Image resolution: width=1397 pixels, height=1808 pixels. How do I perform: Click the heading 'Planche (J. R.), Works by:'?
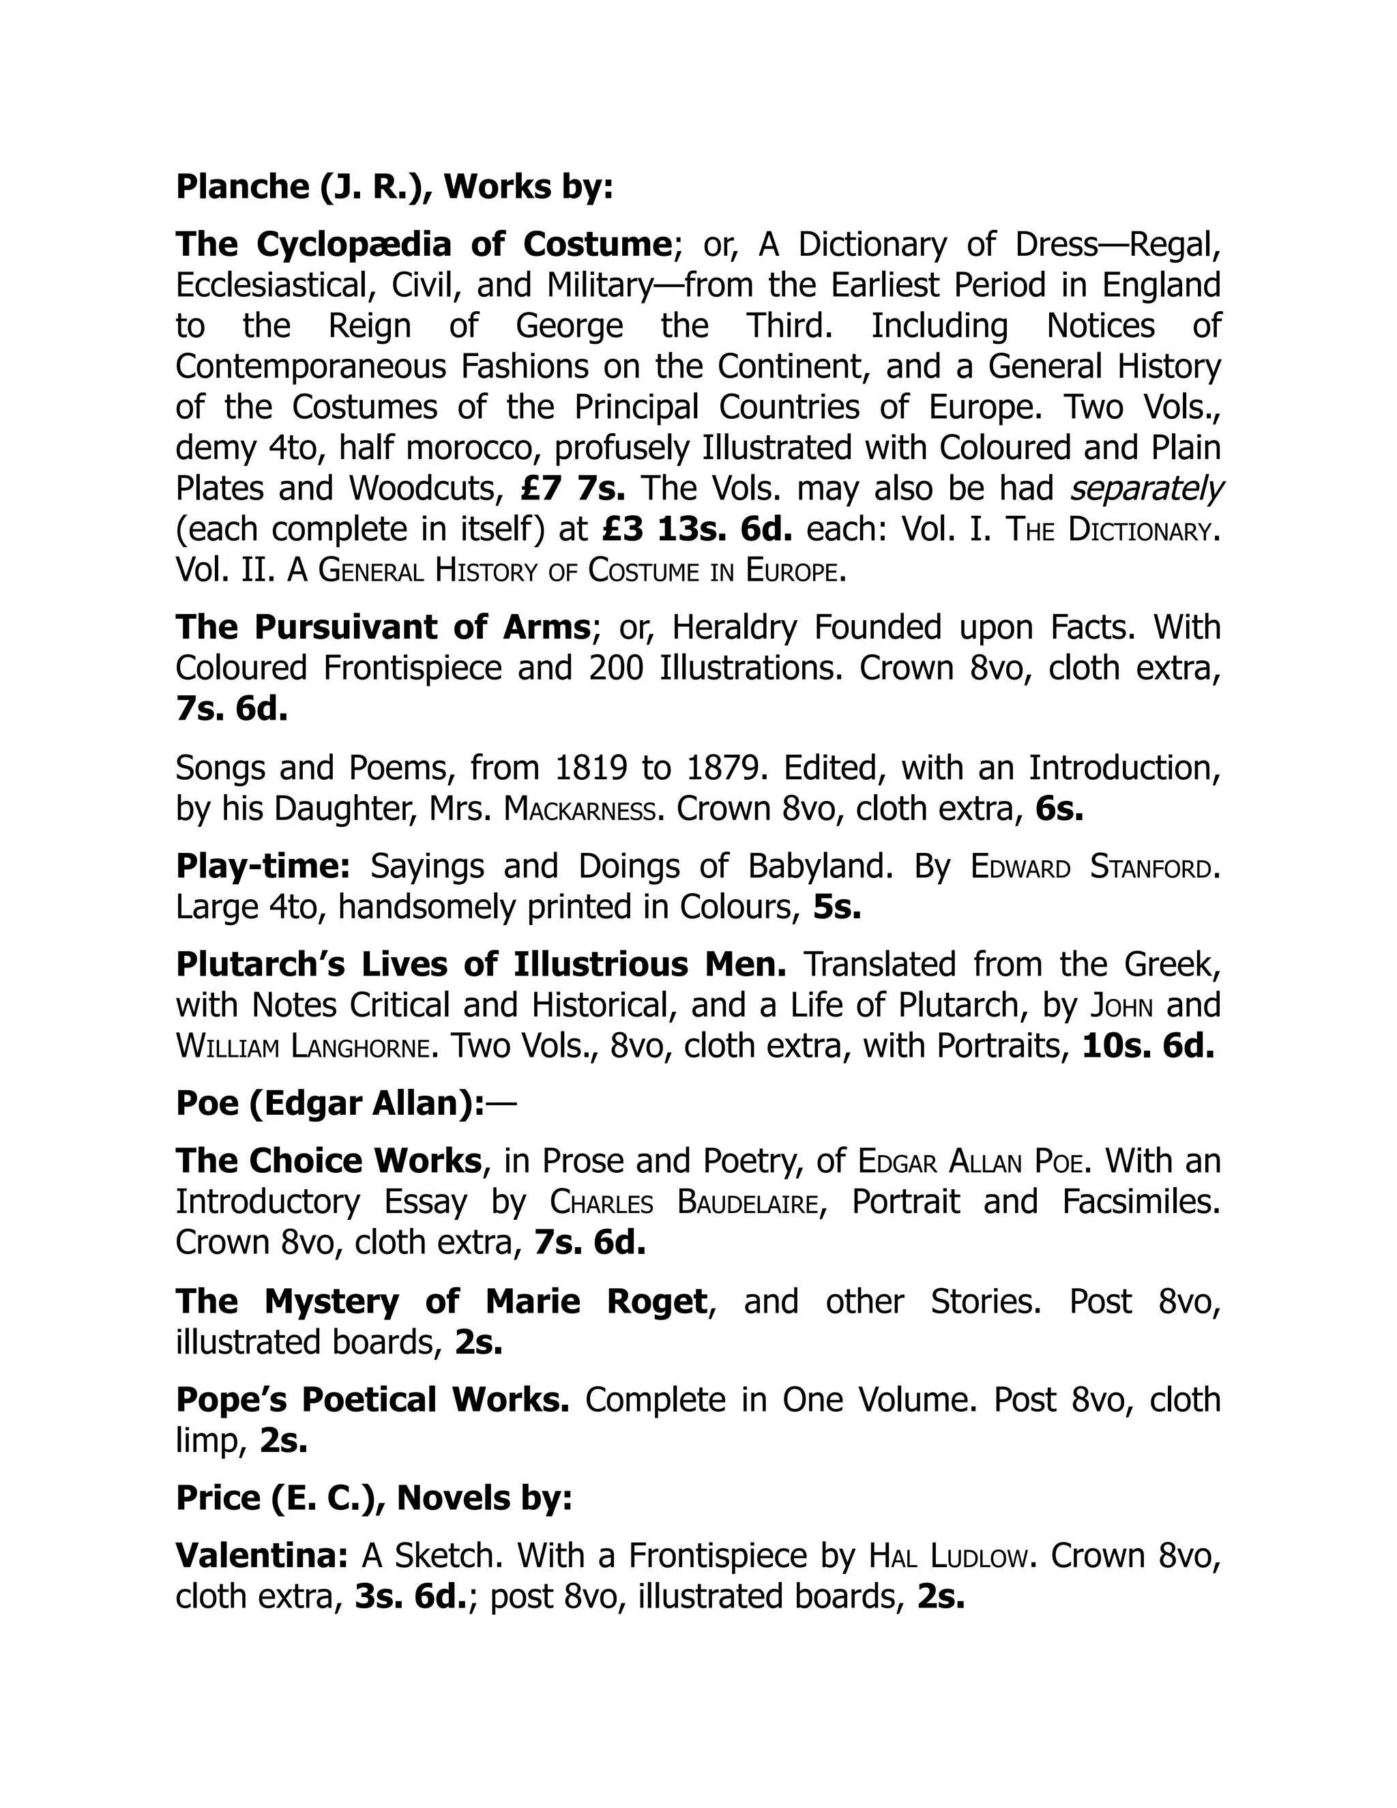pyautogui.click(x=394, y=187)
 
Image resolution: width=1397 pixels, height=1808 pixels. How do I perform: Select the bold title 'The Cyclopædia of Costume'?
pyautogui.click(x=423, y=244)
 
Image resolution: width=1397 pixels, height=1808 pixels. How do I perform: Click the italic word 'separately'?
pyautogui.click(x=1145, y=489)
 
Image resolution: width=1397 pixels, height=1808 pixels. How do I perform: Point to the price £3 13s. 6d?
pyautogui.click(x=697, y=529)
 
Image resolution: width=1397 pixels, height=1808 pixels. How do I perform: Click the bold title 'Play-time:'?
pyautogui.click(x=263, y=866)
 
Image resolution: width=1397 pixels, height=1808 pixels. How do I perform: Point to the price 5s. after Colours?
pyautogui.click(x=837, y=907)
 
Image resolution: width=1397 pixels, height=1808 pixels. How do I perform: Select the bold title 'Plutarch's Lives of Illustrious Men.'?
pyautogui.click(x=481, y=965)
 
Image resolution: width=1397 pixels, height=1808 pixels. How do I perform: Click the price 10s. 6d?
pyautogui.click(x=1148, y=1047)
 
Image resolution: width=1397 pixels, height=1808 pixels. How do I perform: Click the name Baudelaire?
pyautogui.click(x=748, y=1202)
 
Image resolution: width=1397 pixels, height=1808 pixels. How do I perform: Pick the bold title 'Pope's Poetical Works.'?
pyautogui.click(x=372, y=1400)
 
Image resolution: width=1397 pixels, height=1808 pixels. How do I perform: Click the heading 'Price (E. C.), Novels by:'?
pyautogui.click(x=374, y=1498)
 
